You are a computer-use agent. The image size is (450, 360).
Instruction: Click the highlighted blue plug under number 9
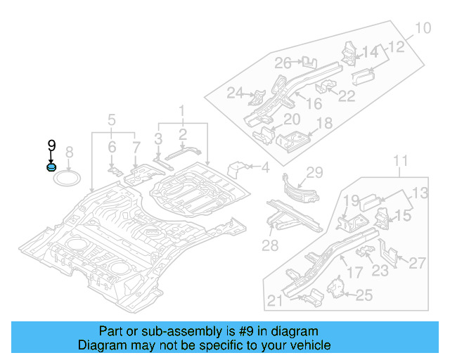coord(51,167)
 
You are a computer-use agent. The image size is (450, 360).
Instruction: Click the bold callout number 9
coord(51,146)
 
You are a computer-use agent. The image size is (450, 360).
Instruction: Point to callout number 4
coord(265,167)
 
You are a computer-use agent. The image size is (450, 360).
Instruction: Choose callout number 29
coord(314,173)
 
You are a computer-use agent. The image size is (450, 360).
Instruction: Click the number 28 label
coord(270,245)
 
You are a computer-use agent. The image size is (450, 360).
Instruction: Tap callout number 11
coord(399,163)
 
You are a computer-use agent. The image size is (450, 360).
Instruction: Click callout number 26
coord(283,63)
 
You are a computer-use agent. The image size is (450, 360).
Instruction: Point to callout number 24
coord(235,92)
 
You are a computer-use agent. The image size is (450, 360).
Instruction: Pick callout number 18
coord(324,124)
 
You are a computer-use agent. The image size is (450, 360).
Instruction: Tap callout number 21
coord(276,302)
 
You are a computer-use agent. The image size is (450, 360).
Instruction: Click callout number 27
coord(417,263)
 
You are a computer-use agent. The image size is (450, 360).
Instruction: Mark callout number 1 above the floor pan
coord(181,110)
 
